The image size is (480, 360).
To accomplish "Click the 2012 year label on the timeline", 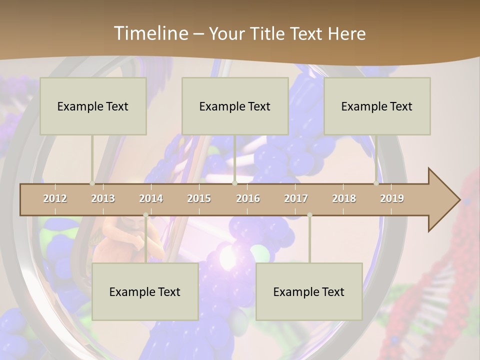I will click(55, 198).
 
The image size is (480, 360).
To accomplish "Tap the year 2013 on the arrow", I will click(103, 198).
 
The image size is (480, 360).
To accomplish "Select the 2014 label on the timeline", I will click(151, 198).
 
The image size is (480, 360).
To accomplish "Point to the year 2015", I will click(199, 198).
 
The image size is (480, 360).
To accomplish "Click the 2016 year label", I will click(248, 198).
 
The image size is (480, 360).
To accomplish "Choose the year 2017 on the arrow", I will click(296, 198).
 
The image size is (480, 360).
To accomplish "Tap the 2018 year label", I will click(344, 198).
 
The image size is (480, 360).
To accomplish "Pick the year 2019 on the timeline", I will click(392, 198).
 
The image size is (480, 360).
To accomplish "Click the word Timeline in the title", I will click(149, 33).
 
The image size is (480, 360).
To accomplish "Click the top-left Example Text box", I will click(93, 106).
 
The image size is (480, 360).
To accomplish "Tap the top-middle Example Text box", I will click(235, 106).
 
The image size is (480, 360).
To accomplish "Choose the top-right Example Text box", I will click(377, 106).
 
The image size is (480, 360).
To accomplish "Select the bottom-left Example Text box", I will click(145, 291).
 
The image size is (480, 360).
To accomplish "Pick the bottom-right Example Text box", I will click(309, 291).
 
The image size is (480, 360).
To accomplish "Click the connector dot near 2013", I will click(92, 183).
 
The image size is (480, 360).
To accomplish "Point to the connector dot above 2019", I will click(376, 183).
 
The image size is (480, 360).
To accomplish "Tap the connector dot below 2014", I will click(145, 215).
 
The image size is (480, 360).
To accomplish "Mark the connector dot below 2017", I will click(309, 215).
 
